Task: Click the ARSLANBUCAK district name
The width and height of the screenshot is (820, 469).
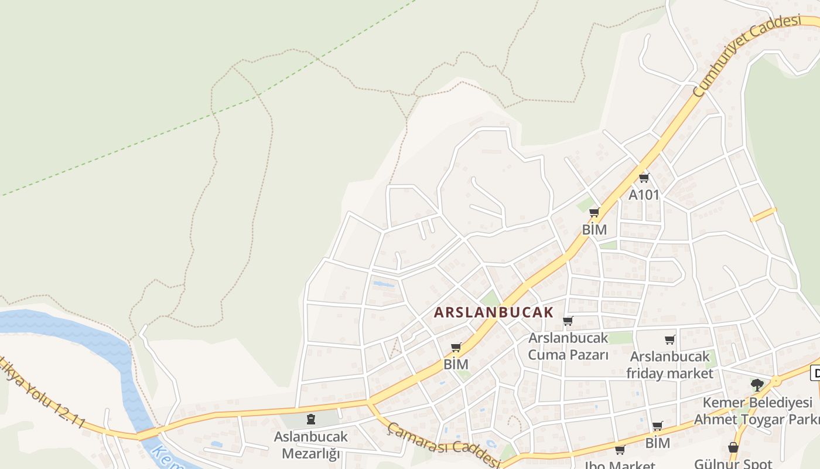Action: tap(493, 312)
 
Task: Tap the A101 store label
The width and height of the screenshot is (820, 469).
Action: tap(644, 195)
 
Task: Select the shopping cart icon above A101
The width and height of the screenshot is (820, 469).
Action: tap(644, 178)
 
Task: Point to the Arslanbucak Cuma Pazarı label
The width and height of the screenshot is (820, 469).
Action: tap(568, 346)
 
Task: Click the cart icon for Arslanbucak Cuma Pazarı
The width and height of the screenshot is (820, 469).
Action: tap(568, 321)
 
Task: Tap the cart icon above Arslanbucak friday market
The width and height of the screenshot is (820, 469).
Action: tap(670, 339)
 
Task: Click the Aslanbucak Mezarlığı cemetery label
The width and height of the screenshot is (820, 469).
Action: tap(311, 445)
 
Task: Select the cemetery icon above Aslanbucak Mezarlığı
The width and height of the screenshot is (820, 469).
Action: tap(311, 419)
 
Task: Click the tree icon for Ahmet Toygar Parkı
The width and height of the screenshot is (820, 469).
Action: tap(757, 385)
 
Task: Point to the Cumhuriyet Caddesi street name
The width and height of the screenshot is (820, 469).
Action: tap(746, 56)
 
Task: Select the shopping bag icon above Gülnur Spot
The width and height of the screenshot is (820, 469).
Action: tap(733, 447)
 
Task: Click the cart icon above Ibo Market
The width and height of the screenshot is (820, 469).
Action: tap(620, 450)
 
